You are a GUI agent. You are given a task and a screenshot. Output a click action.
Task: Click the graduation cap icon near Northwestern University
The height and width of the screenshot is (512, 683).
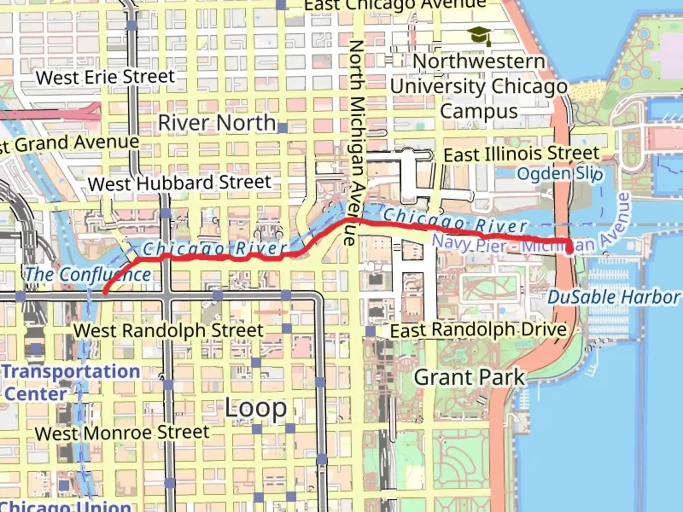[x=480, y=36]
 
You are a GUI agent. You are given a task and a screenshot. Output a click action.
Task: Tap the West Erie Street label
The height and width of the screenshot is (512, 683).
[x=105, y=77]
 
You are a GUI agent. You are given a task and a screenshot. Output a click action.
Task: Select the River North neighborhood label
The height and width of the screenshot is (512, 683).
[x=217, y=123]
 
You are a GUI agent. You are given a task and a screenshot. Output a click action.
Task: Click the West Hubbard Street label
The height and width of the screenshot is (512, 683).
[x=179, y=183]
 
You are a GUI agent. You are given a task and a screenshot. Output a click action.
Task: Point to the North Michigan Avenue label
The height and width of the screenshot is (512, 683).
[x=357, y=142]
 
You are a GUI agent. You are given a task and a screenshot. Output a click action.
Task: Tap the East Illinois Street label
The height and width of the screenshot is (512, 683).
[x=521, y=154]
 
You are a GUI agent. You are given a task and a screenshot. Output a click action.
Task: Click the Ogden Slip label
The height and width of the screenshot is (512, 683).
[x=560, y=174]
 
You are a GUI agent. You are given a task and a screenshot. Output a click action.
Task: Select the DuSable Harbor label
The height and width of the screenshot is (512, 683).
[x=614, y=297]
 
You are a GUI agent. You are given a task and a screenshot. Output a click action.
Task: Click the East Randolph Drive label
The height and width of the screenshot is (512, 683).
[x=478, y=330]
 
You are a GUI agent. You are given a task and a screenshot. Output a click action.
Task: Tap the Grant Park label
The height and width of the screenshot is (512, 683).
[x=470, y=377]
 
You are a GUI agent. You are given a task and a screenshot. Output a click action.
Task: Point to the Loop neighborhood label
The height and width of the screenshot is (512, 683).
[x=256, y=408]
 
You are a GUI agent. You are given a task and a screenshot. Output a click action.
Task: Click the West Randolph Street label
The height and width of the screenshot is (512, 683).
[x=168, y=330]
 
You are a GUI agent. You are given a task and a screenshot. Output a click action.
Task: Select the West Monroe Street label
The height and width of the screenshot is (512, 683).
[x=122, y=432]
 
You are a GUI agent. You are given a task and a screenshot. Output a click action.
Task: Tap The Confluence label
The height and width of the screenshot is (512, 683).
[x=88, y=274]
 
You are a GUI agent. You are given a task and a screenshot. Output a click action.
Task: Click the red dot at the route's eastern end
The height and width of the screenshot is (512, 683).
[x=569, y=247]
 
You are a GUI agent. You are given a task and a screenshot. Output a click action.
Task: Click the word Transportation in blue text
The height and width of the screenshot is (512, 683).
[x=71, y=372]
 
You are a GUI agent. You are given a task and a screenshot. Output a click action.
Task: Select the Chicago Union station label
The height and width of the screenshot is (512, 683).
[x=66, y=505]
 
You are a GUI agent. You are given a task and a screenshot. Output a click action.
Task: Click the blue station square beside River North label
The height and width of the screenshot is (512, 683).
[x=282, y=128]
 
